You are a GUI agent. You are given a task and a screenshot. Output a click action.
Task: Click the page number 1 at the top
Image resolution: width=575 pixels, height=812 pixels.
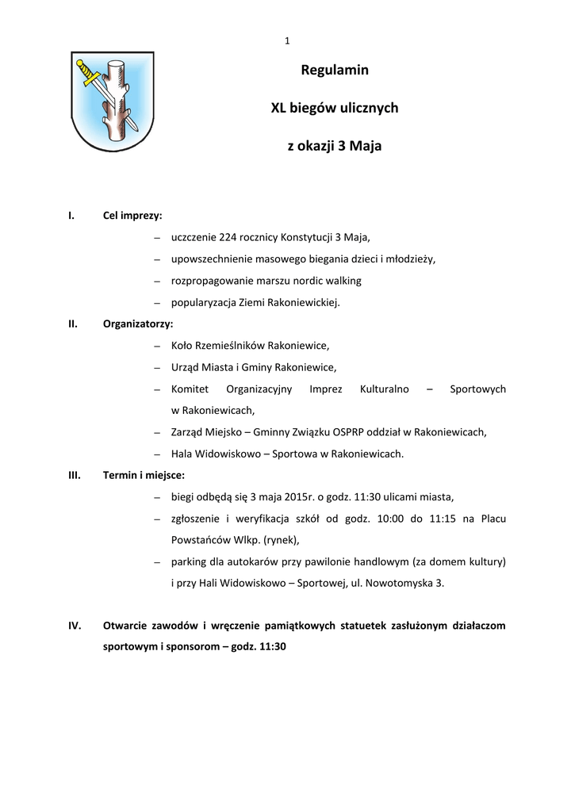click(287, 41)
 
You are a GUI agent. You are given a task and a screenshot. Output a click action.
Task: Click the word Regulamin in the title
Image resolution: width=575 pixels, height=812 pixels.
click(335, 71)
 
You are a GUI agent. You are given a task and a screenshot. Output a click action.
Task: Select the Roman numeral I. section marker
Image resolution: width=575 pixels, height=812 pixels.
click(71, 215)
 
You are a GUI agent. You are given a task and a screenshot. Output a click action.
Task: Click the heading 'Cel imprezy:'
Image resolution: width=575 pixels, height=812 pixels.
click(132, 215)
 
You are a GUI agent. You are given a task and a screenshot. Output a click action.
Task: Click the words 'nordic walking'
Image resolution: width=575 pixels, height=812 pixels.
click(329, 281)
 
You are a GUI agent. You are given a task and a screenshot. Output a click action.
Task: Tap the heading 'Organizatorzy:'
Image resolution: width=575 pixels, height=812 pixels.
click(138, 324)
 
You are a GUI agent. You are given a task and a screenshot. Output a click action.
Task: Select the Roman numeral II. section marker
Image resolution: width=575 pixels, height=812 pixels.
click(73, 324)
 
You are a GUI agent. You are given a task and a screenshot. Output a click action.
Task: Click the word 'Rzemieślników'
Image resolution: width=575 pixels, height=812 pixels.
click(230, 346)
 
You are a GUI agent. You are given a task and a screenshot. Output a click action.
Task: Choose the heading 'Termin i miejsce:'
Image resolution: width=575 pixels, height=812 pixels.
click(144, 475)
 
